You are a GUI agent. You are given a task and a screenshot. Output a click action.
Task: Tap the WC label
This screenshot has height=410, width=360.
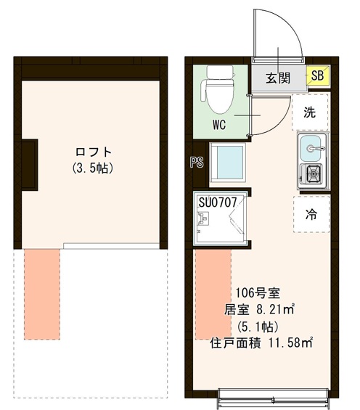point(219,124)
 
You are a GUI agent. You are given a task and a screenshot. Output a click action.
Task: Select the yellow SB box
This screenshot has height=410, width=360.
point(317,76)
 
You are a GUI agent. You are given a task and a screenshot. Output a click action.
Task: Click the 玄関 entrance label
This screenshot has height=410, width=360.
point(279,78)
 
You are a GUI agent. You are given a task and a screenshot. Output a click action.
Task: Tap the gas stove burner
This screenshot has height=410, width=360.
point(314,174)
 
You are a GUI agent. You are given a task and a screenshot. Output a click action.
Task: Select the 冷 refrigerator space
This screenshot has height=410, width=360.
point(311,214)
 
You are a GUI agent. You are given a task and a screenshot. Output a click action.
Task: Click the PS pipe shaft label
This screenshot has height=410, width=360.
point(195,163)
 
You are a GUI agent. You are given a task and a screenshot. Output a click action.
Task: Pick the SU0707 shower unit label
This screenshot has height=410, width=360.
point(217,203)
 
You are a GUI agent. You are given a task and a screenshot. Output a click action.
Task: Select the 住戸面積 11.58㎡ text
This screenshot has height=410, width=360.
point(261,342)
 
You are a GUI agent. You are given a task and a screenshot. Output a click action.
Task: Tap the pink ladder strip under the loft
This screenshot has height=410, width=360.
point(43,294)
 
